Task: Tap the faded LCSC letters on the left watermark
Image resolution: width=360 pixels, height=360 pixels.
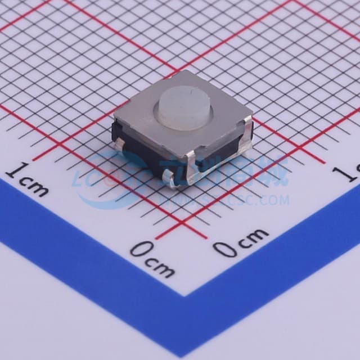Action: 93,180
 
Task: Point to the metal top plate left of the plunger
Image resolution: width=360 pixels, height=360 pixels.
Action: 141,115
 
